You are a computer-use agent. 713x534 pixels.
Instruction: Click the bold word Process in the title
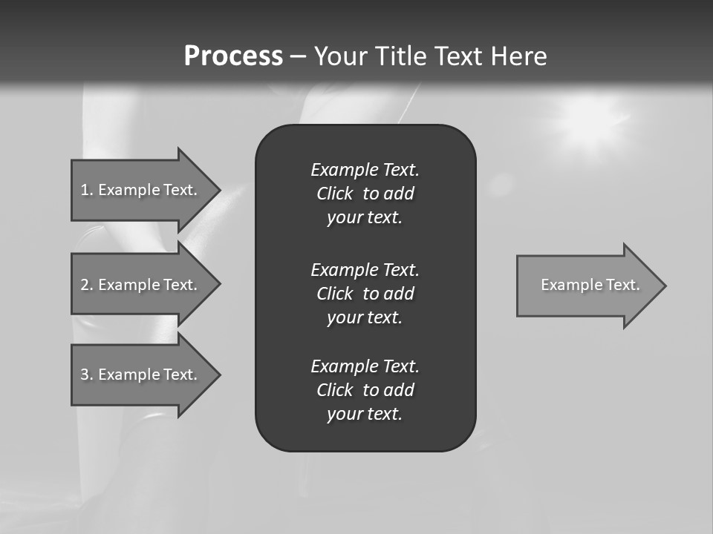click(233, 56)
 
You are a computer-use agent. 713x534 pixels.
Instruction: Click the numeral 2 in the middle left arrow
click(85, 285)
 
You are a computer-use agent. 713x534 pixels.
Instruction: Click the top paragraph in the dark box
click(365, 194)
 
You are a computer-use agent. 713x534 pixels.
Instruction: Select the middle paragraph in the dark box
click(365, 293)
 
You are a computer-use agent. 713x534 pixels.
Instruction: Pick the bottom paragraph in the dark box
click(365, 390)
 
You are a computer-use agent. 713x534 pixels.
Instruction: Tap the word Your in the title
click(341, 56)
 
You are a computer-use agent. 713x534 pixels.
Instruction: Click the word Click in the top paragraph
click(334, 194)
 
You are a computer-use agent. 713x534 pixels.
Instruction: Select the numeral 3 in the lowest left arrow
click(85, 375)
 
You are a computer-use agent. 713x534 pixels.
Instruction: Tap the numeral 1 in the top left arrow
click(84, 190)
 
